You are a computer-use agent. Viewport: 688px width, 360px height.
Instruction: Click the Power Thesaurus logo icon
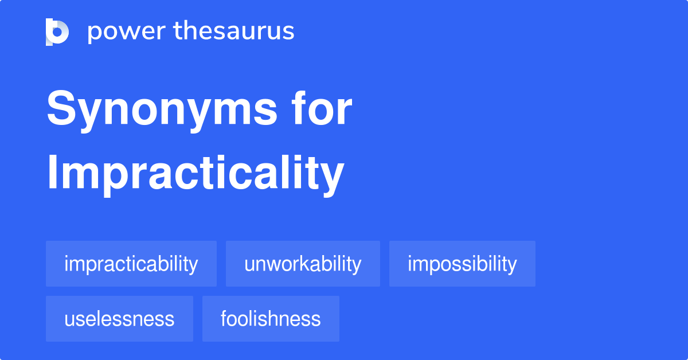[57, 32]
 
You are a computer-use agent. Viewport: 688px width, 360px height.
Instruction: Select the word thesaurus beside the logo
[234, 32]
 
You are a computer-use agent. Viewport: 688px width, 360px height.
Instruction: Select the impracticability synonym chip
[131, 264]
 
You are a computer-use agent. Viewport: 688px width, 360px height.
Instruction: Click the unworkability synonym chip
[303, 264]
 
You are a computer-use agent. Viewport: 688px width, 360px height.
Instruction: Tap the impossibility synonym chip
[462, 264]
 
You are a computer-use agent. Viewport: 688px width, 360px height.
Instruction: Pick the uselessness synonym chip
[119, 319]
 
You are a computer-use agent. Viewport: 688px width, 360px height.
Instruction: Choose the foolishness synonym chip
[271, 319]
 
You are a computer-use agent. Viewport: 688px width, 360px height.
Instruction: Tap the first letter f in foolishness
[224, 319]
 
